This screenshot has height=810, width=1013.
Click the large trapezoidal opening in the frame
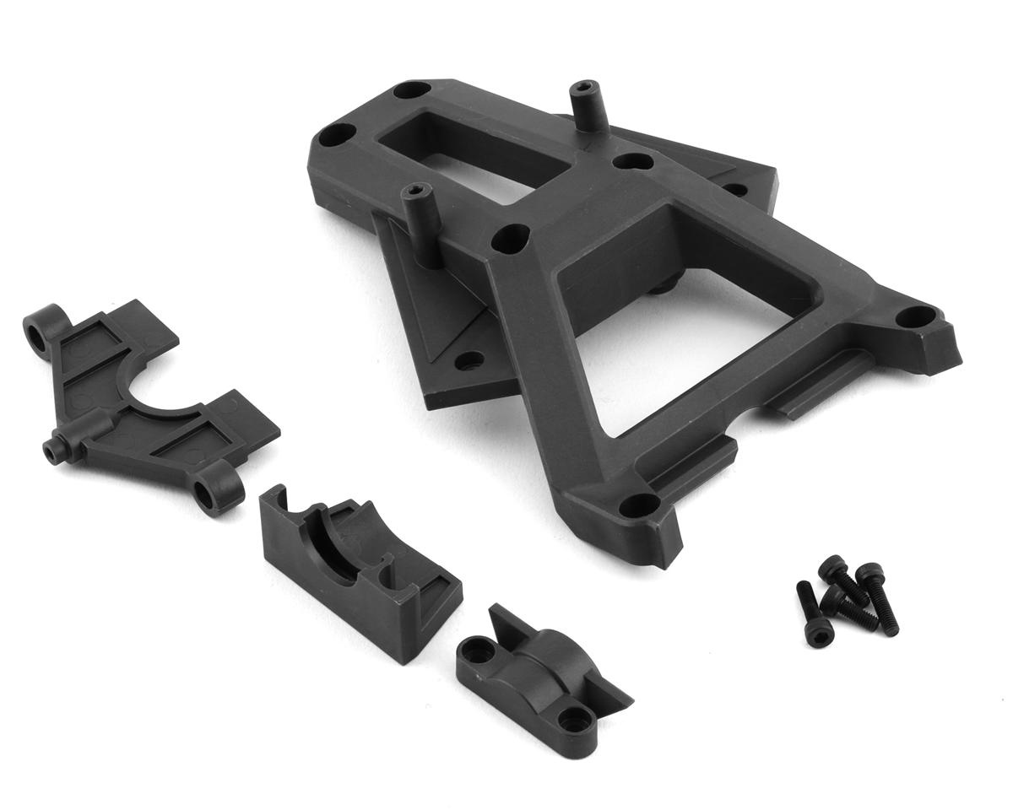[x=667, y=337]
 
